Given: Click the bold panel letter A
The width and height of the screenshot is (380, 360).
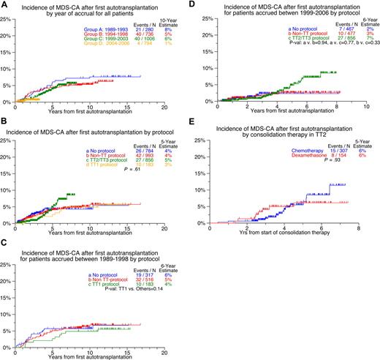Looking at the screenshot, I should (5, 5).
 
